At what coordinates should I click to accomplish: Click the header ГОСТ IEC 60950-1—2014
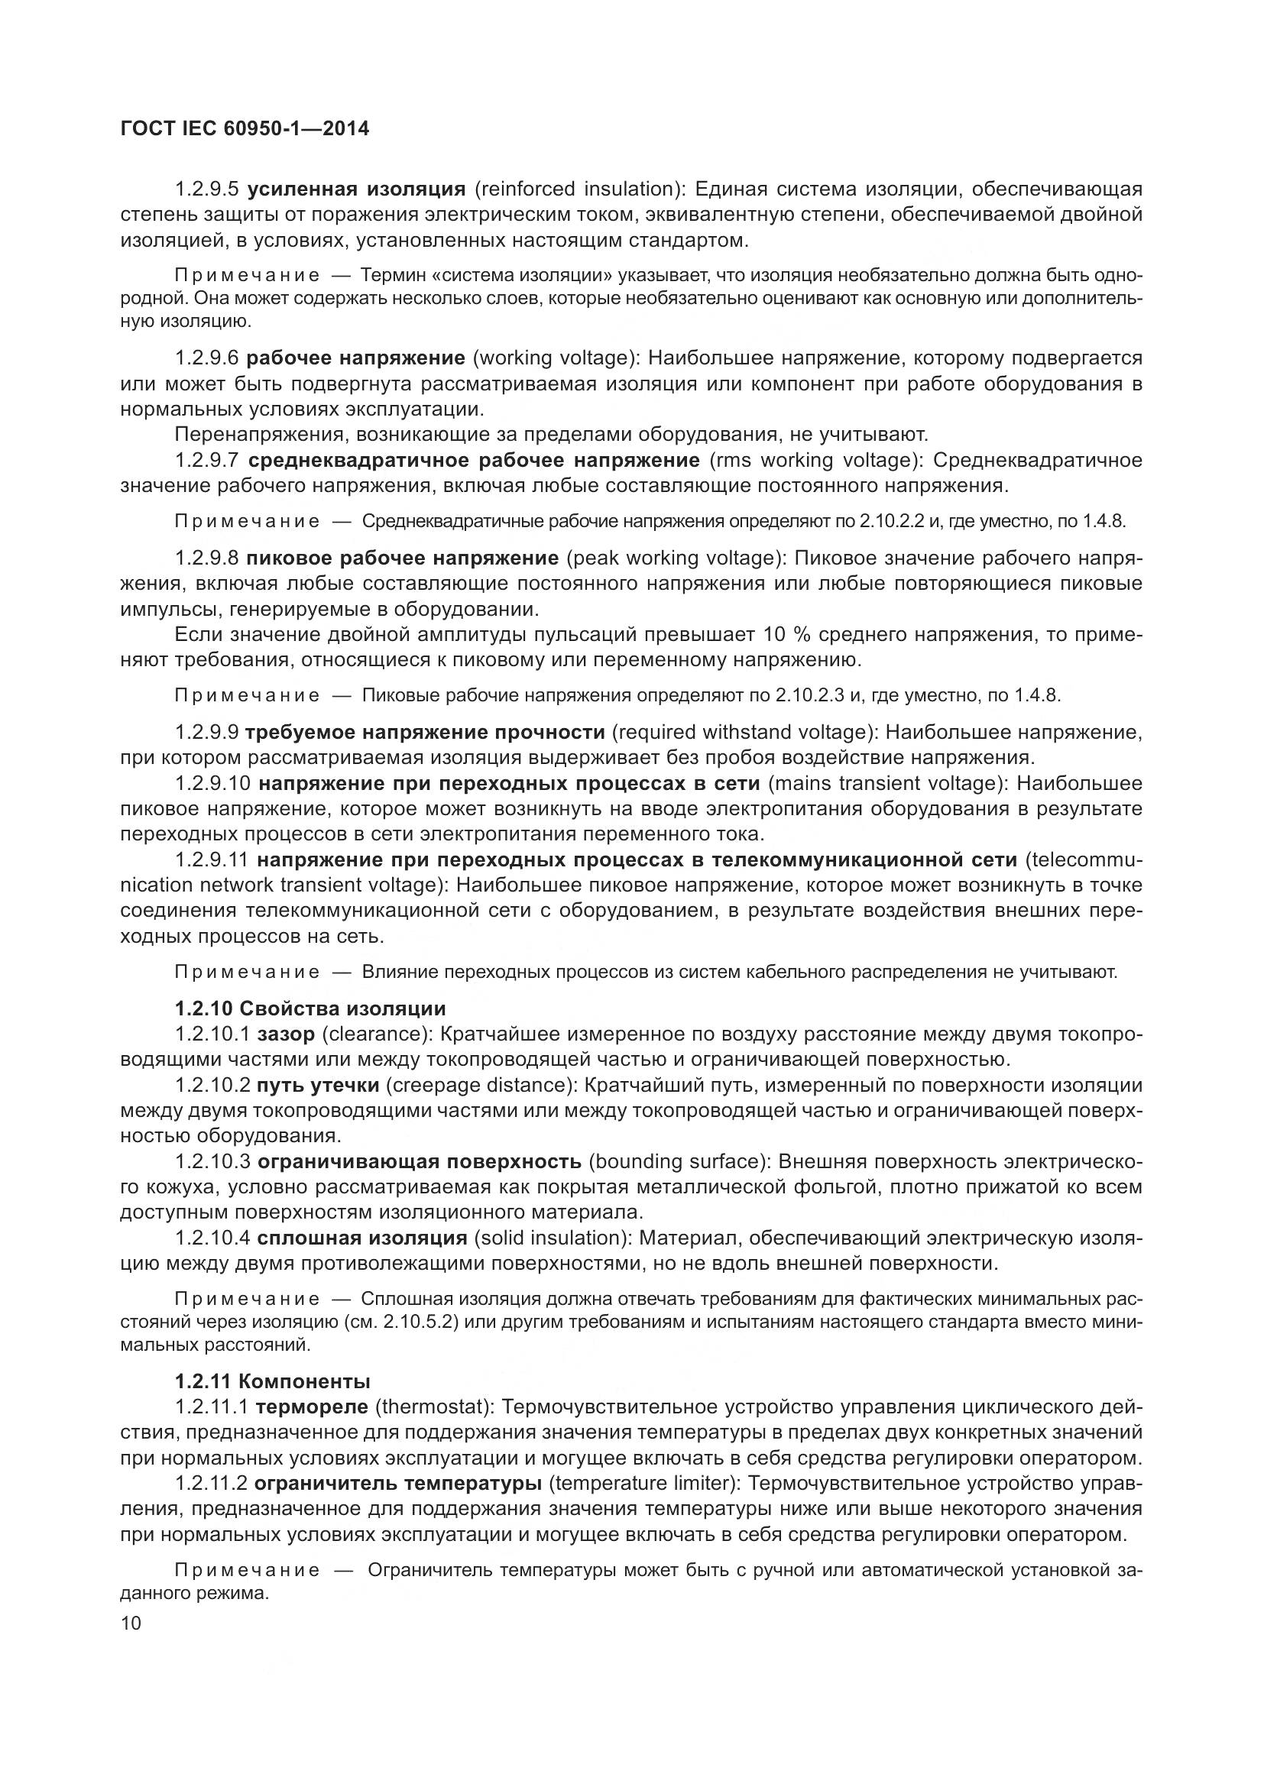[245, 129]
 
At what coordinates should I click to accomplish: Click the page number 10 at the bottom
[131, 1623]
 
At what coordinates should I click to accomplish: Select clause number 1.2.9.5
[206, 189]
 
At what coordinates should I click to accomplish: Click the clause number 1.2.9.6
[206, 358]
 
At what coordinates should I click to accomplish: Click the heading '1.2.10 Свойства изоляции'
[310, 1009]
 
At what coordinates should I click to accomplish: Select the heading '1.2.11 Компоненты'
[272, 1381]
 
